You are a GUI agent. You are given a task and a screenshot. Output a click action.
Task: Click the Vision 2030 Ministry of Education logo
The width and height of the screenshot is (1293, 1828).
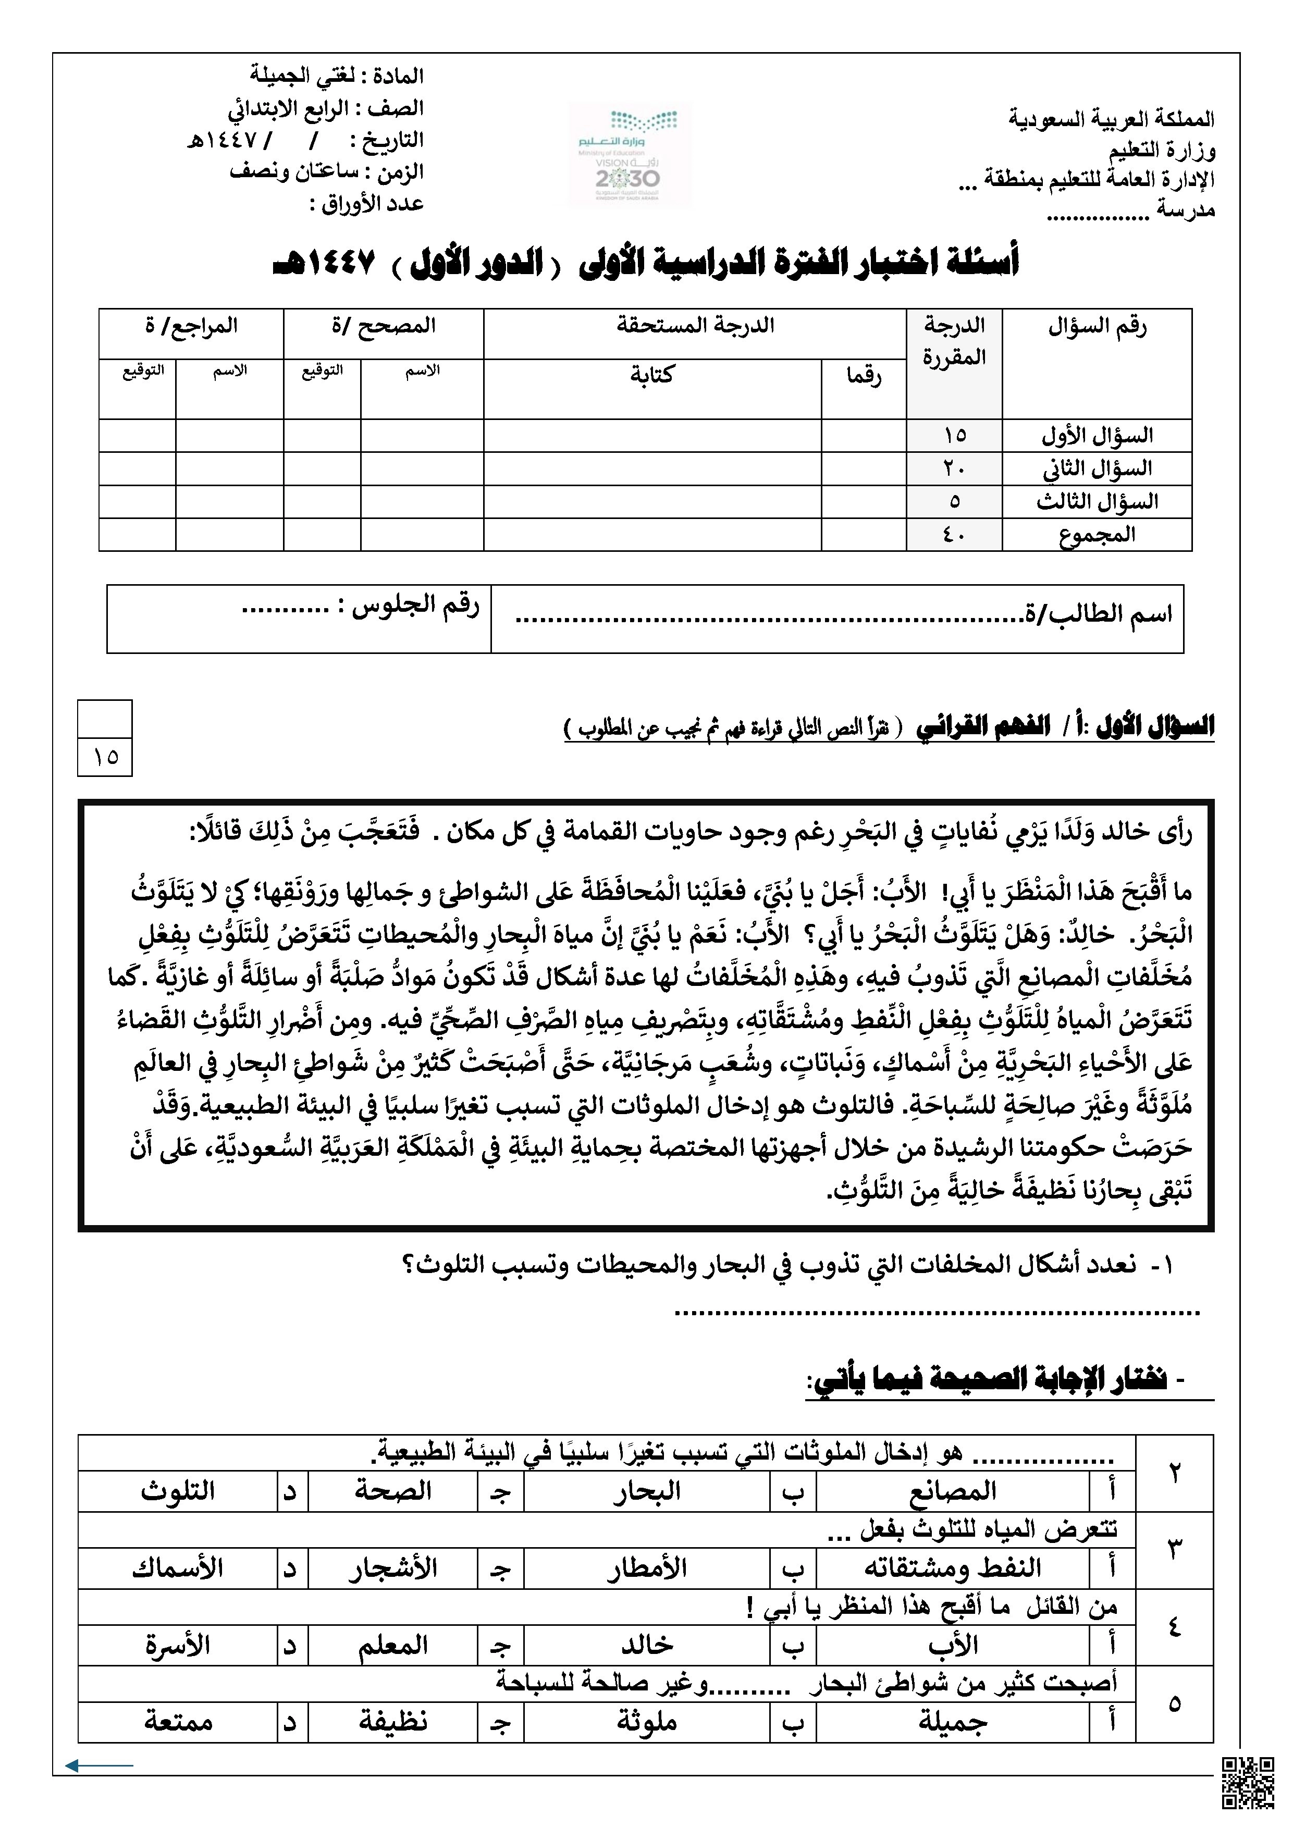(x=629, y=155)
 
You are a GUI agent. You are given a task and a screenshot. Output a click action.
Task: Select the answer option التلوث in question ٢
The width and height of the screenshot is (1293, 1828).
(x=179, y=1491)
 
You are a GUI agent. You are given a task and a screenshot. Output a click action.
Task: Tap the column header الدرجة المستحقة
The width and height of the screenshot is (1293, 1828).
(x=695, y=326)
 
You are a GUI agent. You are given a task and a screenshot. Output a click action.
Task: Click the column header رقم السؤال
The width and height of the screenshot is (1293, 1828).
(x=1097, y=326)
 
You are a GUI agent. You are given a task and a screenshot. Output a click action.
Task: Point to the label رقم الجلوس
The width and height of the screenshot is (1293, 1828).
(x=415, y=606)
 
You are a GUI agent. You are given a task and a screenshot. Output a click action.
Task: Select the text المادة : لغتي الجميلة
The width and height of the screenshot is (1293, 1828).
(x=337, y=77)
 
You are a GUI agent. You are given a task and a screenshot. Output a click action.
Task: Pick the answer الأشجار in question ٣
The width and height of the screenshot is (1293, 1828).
(x=392, y=1568)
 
